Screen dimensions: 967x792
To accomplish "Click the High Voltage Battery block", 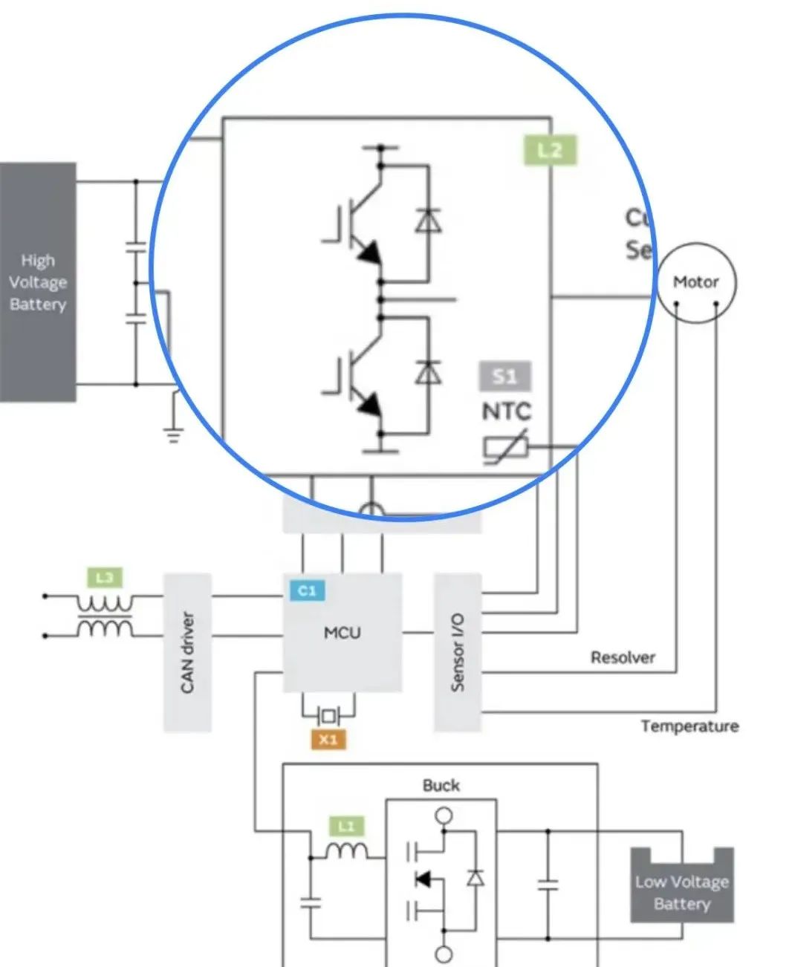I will click(x=38, y=282).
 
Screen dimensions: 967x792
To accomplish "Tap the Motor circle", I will click(x=696, y=282).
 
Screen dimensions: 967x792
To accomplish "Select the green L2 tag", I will click(x=550, y=151).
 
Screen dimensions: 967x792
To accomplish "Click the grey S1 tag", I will click(x=504, y=376).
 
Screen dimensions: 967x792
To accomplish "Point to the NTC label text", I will click(x=507, y=411).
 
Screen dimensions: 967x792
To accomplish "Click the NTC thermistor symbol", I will click(x=506, y=447).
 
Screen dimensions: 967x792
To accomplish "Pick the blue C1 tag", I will click(x=307, y=590).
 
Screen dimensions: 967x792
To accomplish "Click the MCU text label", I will click(x=342, y=633).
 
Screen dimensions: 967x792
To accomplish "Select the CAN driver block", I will click(x=187, y=652).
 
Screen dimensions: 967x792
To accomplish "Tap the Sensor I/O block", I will click(x=457, y=652).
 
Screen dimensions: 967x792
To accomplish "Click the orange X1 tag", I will click(x=328, y=740).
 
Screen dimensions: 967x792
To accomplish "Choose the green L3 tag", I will click(x=105, y=577).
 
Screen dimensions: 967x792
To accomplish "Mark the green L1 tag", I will click(x=346, y=826).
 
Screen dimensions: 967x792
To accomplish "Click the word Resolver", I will click(x=623, y=657).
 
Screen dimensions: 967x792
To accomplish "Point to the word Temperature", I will click(x=689, y=726).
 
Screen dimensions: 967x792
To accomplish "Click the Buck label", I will click(x=441, y=785).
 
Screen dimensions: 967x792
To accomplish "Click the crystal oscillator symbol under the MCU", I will click(x=328, y=716).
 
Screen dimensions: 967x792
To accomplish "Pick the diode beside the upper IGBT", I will click(x=428, y=221).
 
